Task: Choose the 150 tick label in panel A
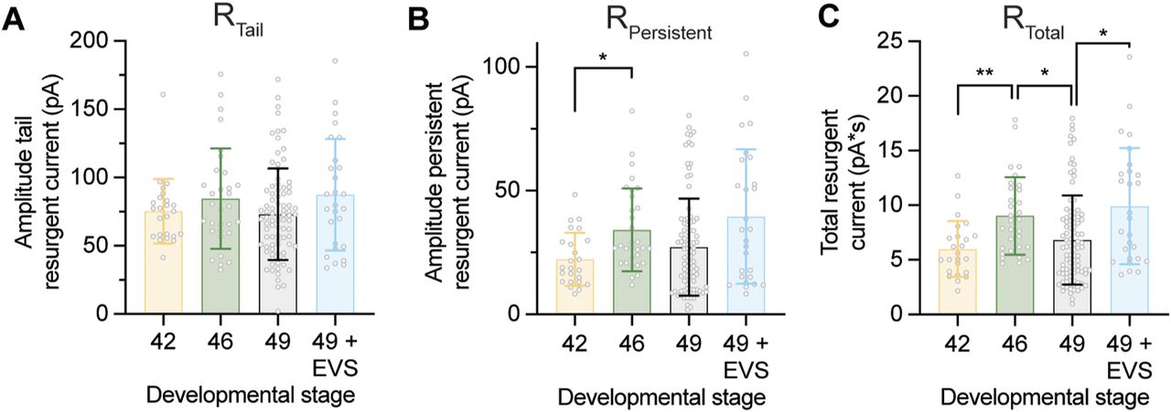pyautogui.click(x=115, y=109)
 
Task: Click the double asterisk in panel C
pyautogui.click(x=984, y=70)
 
